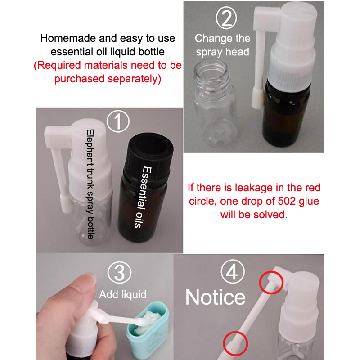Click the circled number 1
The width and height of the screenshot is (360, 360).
[x=118, y=121]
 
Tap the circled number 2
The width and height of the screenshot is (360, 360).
[x=226, y=18]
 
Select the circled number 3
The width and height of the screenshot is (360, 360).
[x=119, y=273]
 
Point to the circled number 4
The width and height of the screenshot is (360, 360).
[x=233, y=272]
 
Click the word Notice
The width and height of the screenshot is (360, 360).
[x=216, y=297]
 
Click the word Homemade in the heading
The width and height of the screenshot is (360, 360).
[x=68, y=38]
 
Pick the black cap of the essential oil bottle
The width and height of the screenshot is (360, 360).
[x=148, y=156]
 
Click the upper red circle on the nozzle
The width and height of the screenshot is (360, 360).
[x=271, y=283]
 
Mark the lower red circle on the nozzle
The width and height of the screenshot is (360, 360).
[x=235, y=344]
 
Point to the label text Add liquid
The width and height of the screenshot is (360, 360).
[x=122, y=295]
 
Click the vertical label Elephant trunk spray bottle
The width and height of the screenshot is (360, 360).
[x=90, y=184]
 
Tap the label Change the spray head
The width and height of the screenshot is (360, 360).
[x=222, y=45]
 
